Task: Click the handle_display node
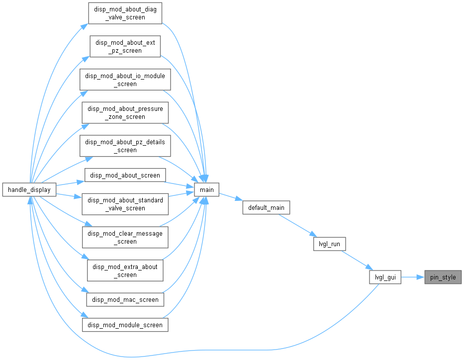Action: [x=29, y=189]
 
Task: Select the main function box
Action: [x=206, y=189]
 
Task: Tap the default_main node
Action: [x=266, y=208]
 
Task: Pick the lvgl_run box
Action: [x=329, y=244]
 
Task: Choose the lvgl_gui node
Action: [x=385, y=277]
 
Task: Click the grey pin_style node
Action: [x=443, y=277]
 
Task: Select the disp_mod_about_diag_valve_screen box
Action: [x=125, y=13]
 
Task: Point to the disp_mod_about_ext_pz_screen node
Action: [x=125, y=46]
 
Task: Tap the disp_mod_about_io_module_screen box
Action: [x=125, y=80]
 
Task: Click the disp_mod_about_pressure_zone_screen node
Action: [x=125, y=113]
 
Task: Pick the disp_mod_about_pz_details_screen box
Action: [x=125, y=146]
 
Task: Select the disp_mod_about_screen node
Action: [x=125, y=176]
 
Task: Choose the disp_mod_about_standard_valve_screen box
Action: [x=125, y=204]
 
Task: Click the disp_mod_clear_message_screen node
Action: [x=125, y=237]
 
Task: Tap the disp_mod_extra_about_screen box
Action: [x=125, y=270]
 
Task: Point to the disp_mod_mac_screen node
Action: [x=125, y=300]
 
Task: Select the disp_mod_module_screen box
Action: [x=125, y=325]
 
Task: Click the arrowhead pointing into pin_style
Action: [x=421, y=277]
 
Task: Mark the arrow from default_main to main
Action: [x=231, y=197]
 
